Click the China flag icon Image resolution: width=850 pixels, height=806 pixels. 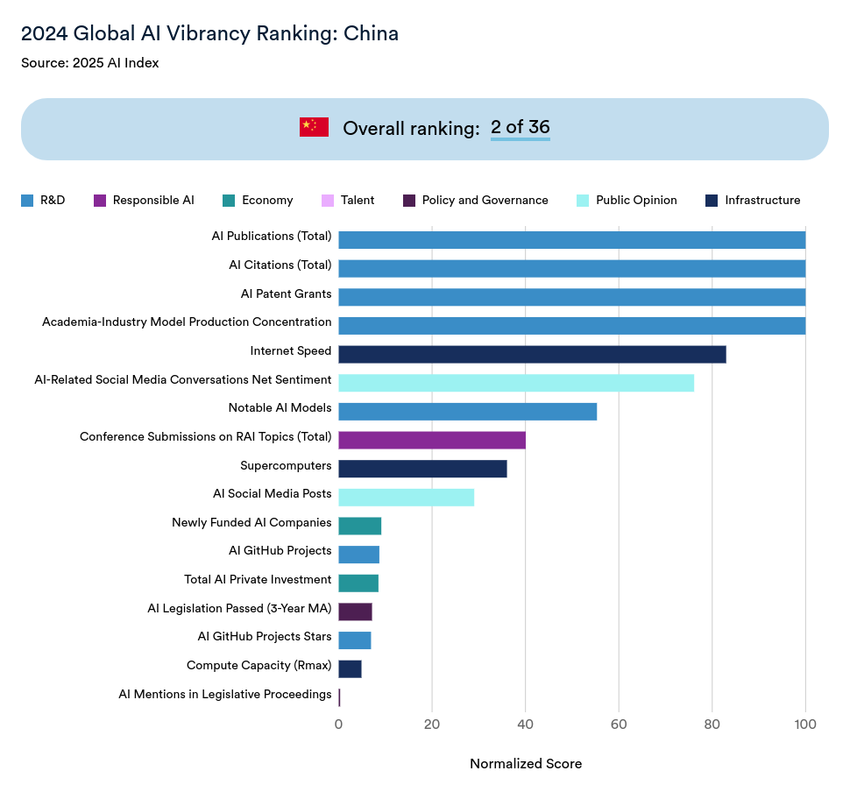pos(314,127)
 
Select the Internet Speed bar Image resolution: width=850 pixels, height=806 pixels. pos(532,354)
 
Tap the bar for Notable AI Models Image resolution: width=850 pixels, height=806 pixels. pos(467,411)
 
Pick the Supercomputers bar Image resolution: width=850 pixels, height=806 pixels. pos(422,469)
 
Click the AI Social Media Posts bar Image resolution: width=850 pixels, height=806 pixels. pos(406,497)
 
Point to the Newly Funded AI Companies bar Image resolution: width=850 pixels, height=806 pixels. pos(359,526)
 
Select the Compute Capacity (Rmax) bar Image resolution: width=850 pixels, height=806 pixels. pos(350,668)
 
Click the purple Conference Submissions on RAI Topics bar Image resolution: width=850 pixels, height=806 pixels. pos(432,440)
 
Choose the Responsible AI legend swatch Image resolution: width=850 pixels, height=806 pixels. pos(99,201)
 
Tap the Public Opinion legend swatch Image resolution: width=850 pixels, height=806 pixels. pos(582,201)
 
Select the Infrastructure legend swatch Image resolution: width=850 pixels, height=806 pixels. pos(712,201)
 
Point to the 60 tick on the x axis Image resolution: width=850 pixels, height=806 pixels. pos(619,725)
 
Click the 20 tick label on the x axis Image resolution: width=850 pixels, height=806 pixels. pos(431,725)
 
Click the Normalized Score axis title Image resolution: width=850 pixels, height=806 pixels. pos(526,764)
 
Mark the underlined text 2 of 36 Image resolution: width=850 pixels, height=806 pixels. pos(521,127)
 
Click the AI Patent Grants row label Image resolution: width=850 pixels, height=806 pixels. pos(286,293)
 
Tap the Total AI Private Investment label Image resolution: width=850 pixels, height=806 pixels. pos(258,579)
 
